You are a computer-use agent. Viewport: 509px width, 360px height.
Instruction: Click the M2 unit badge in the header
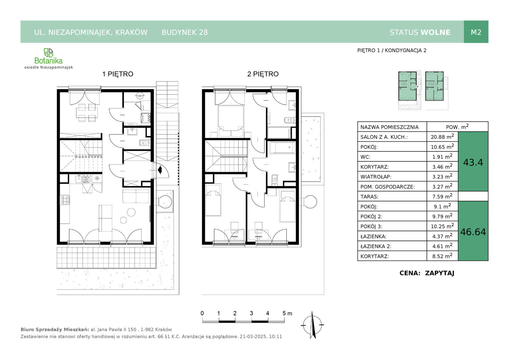point(476,32)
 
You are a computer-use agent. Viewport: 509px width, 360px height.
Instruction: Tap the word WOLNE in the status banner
point(435,32)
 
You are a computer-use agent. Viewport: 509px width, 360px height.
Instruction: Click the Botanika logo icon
point(48,53)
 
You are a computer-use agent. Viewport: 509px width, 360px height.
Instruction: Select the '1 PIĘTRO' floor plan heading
point(118,74)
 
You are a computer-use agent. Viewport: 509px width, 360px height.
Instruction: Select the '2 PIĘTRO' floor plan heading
point(263,74)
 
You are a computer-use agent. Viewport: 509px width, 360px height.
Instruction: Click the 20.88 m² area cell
point(442,136)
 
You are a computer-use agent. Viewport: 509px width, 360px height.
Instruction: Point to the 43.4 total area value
point(473,162)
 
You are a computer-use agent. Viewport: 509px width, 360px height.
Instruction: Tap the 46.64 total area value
point(473,232)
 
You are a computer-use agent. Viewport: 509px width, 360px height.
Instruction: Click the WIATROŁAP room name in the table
point(376,177)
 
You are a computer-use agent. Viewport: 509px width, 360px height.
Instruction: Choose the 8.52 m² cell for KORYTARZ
point(442,256)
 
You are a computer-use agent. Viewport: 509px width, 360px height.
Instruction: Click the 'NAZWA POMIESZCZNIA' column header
point(389,127)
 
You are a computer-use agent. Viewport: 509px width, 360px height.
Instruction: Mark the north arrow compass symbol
point(312,325)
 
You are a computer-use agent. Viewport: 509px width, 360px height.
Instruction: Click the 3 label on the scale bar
point(251,313)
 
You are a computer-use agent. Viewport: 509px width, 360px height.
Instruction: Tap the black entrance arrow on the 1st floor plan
point(160,170)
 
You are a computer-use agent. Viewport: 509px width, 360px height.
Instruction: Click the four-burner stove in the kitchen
point(65,200)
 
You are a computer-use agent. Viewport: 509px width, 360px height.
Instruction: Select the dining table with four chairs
point(87,113)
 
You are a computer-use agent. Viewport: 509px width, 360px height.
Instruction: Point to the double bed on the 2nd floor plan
point(231,121)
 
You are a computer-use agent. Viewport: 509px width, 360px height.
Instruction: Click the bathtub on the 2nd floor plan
point(282,147)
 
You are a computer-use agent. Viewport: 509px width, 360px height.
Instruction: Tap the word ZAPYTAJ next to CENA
point(440,273)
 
